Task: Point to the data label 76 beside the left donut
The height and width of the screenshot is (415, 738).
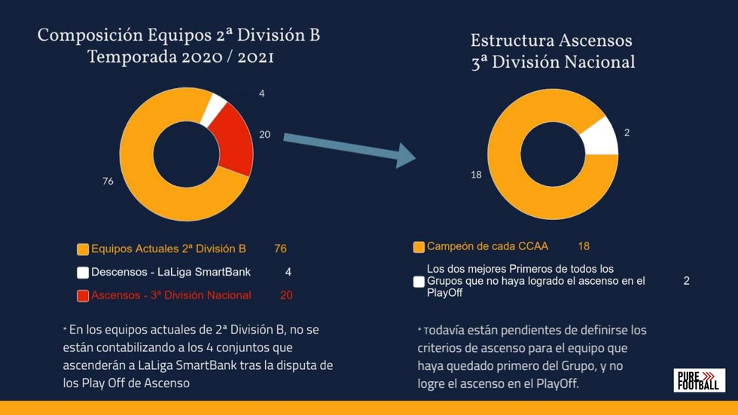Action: pyautogui.click(x=108, y=181)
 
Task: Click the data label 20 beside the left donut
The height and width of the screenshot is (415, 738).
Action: pyautogui.click(x=264, y=135)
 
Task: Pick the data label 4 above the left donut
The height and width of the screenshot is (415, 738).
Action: pyautogui.click(x=261, y=94)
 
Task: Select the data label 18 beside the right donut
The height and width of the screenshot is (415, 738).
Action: pyautogui.click(x=476, y=175)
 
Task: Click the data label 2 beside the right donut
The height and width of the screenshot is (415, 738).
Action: pyautogui.click(x=627, y=133)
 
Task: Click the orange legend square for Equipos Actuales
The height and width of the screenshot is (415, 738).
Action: pyautogui.click(x=83, y=249)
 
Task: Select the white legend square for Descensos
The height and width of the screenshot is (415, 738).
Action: pyautogui.click(x=83, y=273)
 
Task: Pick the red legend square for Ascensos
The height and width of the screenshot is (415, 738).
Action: pyautogui.click(x=83, y=296)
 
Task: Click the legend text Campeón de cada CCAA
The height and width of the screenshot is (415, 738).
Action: pyautogui.click(x=487, y=246)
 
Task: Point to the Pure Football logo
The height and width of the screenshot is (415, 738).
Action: pyautogui.click(x=699, y=380)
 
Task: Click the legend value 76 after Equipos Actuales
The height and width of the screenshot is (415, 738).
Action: pyautogui.click(x=280, y=249)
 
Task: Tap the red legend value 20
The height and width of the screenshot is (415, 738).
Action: pyautogui.click(x=286, y=296)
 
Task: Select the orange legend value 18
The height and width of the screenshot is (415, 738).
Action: pyautogui.click(x=584, y=246)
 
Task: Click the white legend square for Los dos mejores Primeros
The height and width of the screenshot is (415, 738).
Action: pyautogui.click(x=419, y=282)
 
